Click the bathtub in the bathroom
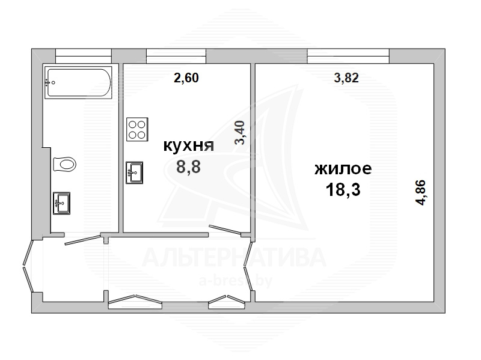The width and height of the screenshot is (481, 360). point(79,84)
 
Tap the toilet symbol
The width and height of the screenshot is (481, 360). point(64,164)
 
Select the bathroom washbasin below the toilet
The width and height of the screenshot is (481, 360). point(62,203)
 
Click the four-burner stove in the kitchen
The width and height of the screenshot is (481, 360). point(138,129)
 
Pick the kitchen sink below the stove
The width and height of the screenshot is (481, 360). point(134,172)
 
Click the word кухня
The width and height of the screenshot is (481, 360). point(188,145)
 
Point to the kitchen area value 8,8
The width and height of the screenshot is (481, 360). point(188,167)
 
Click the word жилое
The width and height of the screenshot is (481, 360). point(343,169)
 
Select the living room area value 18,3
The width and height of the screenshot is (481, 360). point(343,189)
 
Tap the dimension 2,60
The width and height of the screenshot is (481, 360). point(186,78)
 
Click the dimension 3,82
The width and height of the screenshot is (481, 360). point(346,78)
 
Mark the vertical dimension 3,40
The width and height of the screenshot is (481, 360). point(240,132)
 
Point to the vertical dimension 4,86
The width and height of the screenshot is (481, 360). point(420,192)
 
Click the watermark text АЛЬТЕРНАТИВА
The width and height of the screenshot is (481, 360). point(234,257)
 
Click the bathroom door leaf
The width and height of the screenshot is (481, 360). point(83,240)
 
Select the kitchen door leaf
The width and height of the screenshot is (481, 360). point(225,230)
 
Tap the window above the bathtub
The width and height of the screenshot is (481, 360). point(83,56)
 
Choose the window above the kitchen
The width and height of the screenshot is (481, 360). point(176,56)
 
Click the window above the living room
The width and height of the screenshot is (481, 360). point(348,56)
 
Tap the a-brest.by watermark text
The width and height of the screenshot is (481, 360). point(236,281)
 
